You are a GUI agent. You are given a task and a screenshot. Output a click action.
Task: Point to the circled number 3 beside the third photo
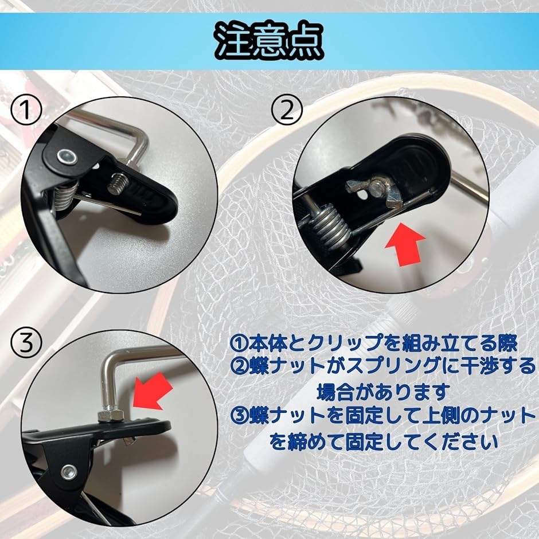point(26,343)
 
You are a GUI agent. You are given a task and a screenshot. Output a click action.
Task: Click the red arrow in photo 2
point(405,243)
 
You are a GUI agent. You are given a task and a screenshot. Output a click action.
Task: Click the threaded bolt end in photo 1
point(119,184)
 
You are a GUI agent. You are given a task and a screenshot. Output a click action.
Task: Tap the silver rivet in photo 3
point(69,471)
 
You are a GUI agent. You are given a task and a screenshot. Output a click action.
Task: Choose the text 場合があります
point(382,392)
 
